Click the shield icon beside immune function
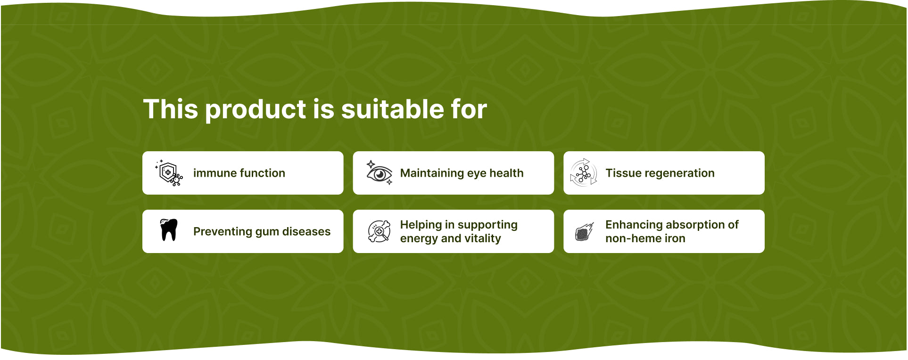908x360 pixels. [x=169, y=173]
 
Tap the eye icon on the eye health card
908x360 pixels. [x=380, y=173]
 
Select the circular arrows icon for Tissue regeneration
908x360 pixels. [x=583, y=173]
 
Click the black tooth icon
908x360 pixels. [x=169, y=230]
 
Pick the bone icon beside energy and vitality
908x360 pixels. [x=379, y=231]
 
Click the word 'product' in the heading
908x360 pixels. [x=256, y=110]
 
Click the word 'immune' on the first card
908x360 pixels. [x=214, y=173]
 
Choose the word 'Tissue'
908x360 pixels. [x=622, y=173]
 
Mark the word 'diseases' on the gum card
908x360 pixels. [x=306, y=231]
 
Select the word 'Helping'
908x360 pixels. [x=421, y=225]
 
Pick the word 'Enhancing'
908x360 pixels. [x=633, y=225]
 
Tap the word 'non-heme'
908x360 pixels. [x=628, y=238]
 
